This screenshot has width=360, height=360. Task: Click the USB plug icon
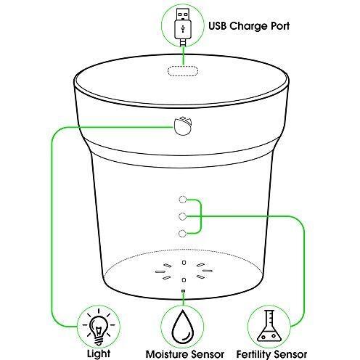183,27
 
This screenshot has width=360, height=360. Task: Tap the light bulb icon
98,327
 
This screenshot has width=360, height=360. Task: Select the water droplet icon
183,327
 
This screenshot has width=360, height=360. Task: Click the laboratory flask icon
269,326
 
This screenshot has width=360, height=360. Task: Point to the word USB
218,26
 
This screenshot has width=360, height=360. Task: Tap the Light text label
99,354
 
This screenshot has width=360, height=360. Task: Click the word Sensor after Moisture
208,354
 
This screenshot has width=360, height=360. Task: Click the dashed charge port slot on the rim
183,71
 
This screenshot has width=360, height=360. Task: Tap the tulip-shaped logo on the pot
183,126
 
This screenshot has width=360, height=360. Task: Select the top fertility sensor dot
183,200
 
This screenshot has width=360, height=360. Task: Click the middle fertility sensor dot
183,216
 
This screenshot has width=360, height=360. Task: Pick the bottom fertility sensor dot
183,234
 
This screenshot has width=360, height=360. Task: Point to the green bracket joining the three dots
200,216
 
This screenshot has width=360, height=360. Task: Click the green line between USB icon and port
184,56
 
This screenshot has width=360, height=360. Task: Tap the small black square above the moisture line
183,290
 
